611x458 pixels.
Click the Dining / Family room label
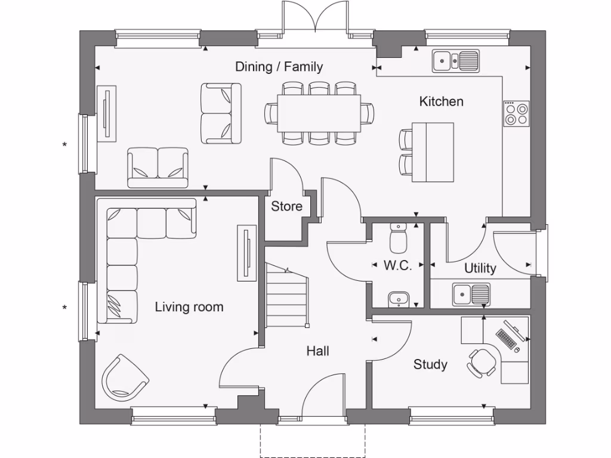click(279, 66)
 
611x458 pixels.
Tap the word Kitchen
click(441, 101)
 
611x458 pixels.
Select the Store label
click(286, 207)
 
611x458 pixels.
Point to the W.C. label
click(397, 266)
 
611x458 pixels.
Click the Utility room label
click(480, 268)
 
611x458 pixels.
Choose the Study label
click(430, 364)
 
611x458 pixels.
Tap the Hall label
click(318, 351)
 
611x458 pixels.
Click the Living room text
click(189, 307)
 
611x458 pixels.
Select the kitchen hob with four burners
click(516, 113)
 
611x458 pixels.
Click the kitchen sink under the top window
click(456, 60)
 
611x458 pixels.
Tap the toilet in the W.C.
click(398, 238)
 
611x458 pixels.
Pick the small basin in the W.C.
click(398, 298)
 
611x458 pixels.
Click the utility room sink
click(471, 294)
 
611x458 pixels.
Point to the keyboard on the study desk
click(507, 338)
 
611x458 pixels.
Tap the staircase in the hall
click(285, 296)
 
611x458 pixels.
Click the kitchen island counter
click(432, 151)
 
